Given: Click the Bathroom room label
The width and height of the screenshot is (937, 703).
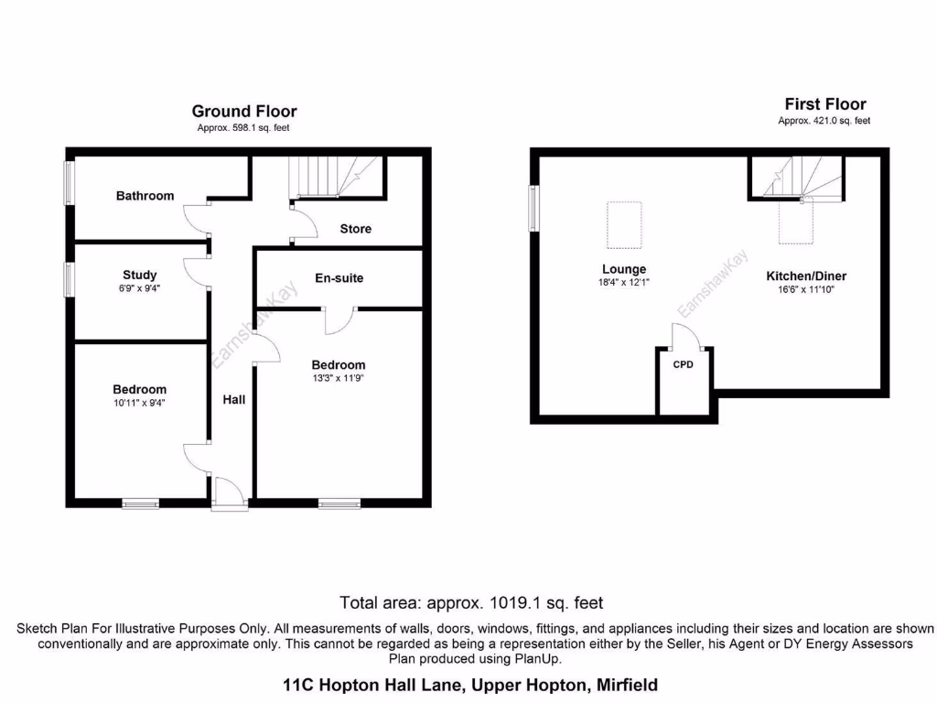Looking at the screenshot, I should [145, 196].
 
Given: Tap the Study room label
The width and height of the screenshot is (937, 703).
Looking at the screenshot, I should [140, 275].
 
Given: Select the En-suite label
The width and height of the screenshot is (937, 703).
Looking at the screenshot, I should [339, 277].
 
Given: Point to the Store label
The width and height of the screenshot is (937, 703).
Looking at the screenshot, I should [356, 229].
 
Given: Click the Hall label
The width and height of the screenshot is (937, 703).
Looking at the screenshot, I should [235, 399].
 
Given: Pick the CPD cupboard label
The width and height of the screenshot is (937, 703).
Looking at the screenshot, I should [684, 364].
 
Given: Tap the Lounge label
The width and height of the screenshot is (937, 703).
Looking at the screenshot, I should [624, 269].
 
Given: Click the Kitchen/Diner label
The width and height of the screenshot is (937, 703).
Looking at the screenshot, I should [806, 276].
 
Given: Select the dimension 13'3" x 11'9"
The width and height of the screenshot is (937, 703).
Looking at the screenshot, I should [338, 378].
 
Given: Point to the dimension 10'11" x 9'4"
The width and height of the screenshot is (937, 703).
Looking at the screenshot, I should [140, 402].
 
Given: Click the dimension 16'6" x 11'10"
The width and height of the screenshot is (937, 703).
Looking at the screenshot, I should [806, 289].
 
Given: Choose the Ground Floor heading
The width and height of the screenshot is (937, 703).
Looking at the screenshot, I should [244, 112].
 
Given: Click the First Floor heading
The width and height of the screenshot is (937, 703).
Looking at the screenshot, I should [824, 104].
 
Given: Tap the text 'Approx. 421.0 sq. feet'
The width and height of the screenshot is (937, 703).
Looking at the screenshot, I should [824, 121].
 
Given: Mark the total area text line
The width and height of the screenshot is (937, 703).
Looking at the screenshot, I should [471, 603].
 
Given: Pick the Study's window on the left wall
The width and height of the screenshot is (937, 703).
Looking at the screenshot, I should [69, 279].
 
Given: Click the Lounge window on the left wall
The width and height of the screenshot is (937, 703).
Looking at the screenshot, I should [533, 210].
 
